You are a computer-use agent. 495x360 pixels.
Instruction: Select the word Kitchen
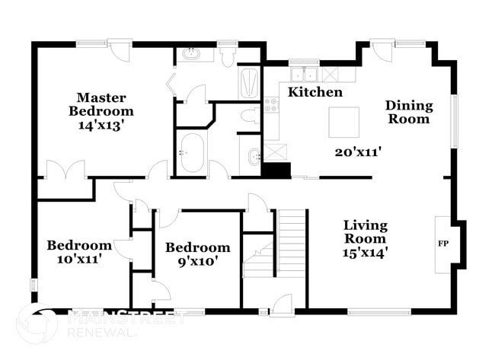(x=315, y=92)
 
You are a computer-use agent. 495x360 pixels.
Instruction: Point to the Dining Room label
(x=409, y=112)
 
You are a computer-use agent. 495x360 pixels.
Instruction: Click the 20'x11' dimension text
(x=358, y=151)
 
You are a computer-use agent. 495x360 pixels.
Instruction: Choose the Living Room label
(x=366, y=232)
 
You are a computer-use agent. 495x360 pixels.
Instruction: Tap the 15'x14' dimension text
(x=366, y=253)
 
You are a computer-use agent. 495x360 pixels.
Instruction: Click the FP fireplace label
(x=443, y=244)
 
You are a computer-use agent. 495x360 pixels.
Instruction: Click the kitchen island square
(x=344, y=121)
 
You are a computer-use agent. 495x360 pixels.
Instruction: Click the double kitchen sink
(x=305, y=75)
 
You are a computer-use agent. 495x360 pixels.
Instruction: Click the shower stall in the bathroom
(x=250, y=83)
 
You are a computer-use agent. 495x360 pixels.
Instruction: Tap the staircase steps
(x=291, y=244)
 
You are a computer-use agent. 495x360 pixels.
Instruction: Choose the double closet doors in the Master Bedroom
(x=62, y=170)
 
